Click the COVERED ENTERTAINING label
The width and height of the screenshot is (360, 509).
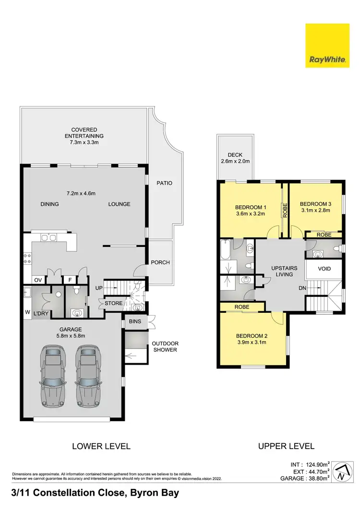(84, 133)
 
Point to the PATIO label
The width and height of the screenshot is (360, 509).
(164, 183)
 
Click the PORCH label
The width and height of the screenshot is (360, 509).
(160, 262)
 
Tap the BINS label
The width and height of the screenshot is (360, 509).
(135, 321)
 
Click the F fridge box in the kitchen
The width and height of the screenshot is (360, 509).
(70, 279)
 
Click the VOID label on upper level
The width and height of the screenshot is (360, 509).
(324, 269)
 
